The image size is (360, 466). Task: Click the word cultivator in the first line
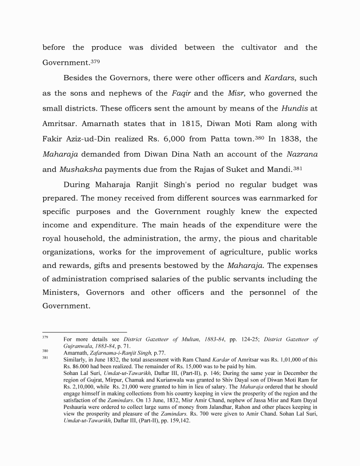(259, 48)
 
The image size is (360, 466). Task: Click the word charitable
(296, 239)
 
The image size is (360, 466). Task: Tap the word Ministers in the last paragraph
(61, 293)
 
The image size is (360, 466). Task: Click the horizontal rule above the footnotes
(84, 332)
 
